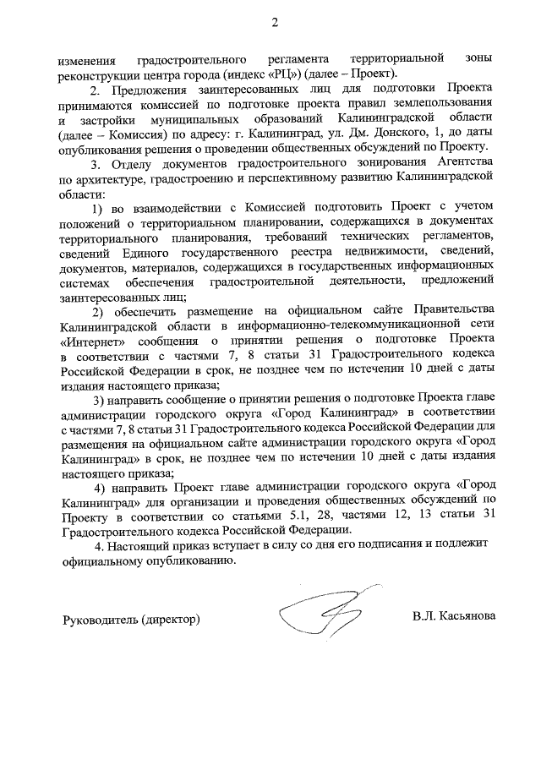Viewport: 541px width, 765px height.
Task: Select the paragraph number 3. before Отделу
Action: tap(97, 164)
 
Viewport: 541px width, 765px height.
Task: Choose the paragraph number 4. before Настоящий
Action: tap(100, 547)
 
